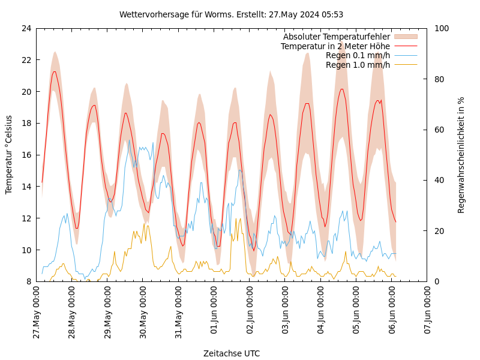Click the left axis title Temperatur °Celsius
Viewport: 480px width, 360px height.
(x=9, y=155)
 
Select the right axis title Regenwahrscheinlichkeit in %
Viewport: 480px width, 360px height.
(x=461, y=155)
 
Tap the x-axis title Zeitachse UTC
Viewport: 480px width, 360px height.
(x=232, y=353)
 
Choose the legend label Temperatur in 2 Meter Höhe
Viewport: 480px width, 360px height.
(x=335, y=46)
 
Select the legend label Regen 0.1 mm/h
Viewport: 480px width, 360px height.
(x=358, y=55)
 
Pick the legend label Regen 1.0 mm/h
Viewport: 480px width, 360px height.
(x=358, y=65)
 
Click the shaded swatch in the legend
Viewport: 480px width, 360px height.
(x=405, y=37)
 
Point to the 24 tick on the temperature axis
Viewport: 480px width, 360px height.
(x=26, y=28)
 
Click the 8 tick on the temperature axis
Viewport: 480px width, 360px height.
(x=28, y=281)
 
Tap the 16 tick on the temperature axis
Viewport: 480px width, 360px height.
(x=26, y=155)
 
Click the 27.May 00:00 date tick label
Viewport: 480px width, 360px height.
(x=37, y=313)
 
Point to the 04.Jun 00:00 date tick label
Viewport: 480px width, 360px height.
(x=321, y=313)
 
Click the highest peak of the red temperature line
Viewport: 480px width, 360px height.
(x=55, y=71)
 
